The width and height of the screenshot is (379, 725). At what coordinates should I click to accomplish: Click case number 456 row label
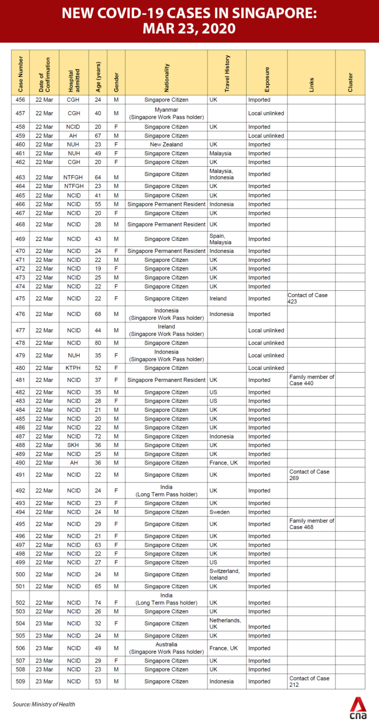[x=20, y=100]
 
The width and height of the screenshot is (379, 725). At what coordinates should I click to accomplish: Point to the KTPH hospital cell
[x=74, y=368]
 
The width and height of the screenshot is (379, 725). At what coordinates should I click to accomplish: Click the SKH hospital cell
[x=74, y=445]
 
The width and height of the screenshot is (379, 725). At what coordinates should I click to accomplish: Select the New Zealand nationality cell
[x=166, y=144]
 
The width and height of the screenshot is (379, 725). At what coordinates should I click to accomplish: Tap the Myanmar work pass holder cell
[x=166, y=113]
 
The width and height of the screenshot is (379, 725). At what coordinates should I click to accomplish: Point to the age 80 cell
[x=97, y=343]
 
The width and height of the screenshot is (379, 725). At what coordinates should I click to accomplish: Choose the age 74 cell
[x=97, y=602]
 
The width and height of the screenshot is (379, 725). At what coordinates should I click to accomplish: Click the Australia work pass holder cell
[x=166, y=648]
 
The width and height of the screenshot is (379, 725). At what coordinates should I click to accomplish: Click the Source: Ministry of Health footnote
[x=44, y=704]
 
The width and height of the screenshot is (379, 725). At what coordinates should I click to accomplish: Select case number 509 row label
[x=20, y=681]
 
